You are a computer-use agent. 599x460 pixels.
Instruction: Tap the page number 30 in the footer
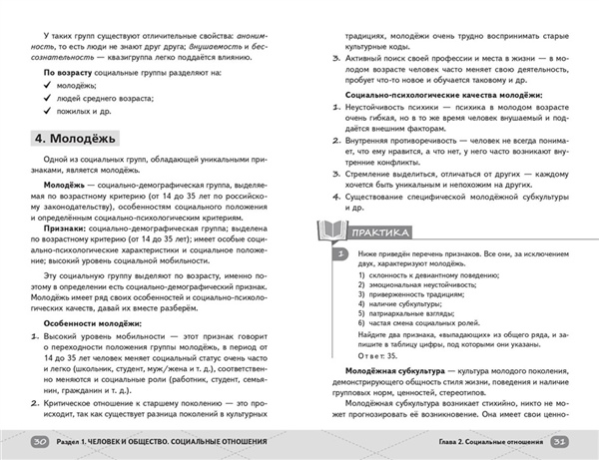coord(39,442)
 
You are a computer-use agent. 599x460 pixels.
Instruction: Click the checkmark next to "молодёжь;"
coord(49,87)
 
